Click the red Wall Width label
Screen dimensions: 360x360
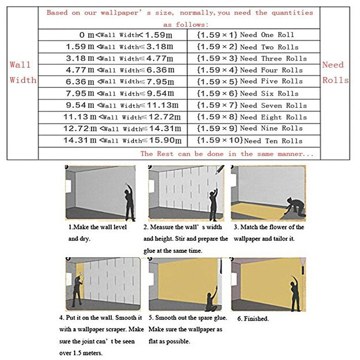[21, 72]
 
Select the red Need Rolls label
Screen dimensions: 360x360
[335, 72]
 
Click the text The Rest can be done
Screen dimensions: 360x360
[227, 154]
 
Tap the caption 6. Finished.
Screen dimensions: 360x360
[253, 319]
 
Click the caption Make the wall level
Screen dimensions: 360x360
[98, 227]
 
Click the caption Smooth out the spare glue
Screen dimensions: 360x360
[187, 318]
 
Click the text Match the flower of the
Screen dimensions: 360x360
[269, 227]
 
